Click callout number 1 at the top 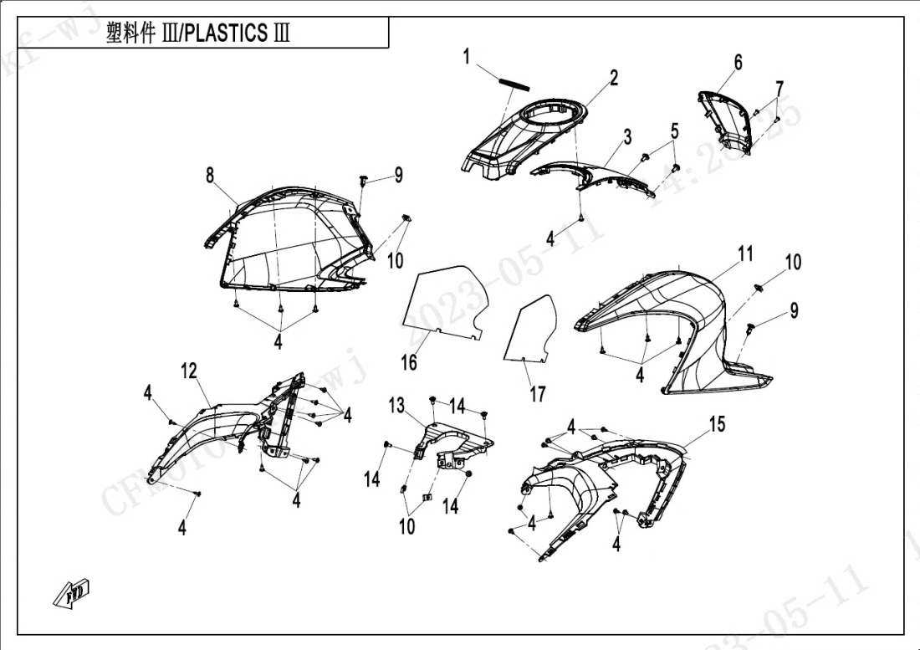[x=468, y=58]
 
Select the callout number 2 [x=614, y=79]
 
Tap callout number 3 [x=627, y=136]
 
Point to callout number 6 [x=738, y=63]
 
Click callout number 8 [x=210, y=175]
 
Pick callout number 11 [x=745, y=253]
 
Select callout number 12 [x=190, y=370]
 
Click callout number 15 [x=717, y=424]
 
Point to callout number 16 [x=408, y=362]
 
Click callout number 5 [x=674, y=131]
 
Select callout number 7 [x=779, y=88]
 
